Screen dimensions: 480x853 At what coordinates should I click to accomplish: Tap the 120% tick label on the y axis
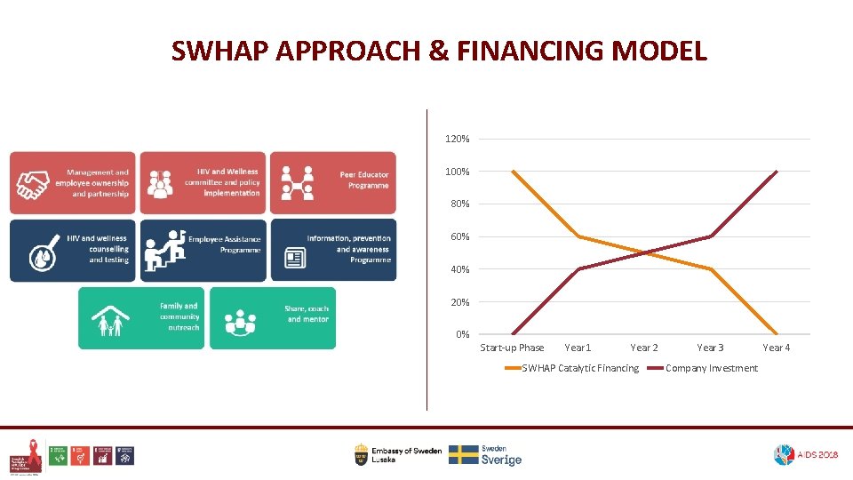(458, 140)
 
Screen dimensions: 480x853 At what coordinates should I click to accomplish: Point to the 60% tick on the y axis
(458, 237)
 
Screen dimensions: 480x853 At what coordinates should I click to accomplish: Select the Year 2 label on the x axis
(644, 348)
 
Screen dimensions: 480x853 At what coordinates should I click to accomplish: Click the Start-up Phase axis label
(512, 348)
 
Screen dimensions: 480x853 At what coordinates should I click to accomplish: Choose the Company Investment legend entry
(711, 368)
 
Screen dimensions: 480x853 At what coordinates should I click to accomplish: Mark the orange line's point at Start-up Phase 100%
(513, 172)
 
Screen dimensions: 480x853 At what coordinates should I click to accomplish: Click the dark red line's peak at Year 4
(777, 172)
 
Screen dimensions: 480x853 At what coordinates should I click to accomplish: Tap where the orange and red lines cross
(644, 253)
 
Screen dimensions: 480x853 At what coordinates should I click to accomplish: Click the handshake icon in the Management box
(34, 184)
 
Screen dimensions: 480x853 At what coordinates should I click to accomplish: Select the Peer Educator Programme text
(364, 180)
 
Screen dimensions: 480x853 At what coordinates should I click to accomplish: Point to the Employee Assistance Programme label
(224, 244)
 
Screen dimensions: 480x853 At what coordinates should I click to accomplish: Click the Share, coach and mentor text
(307, 314)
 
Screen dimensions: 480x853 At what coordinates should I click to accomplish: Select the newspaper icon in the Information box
(294, 259)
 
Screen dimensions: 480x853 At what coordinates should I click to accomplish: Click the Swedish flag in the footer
(463, 454)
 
